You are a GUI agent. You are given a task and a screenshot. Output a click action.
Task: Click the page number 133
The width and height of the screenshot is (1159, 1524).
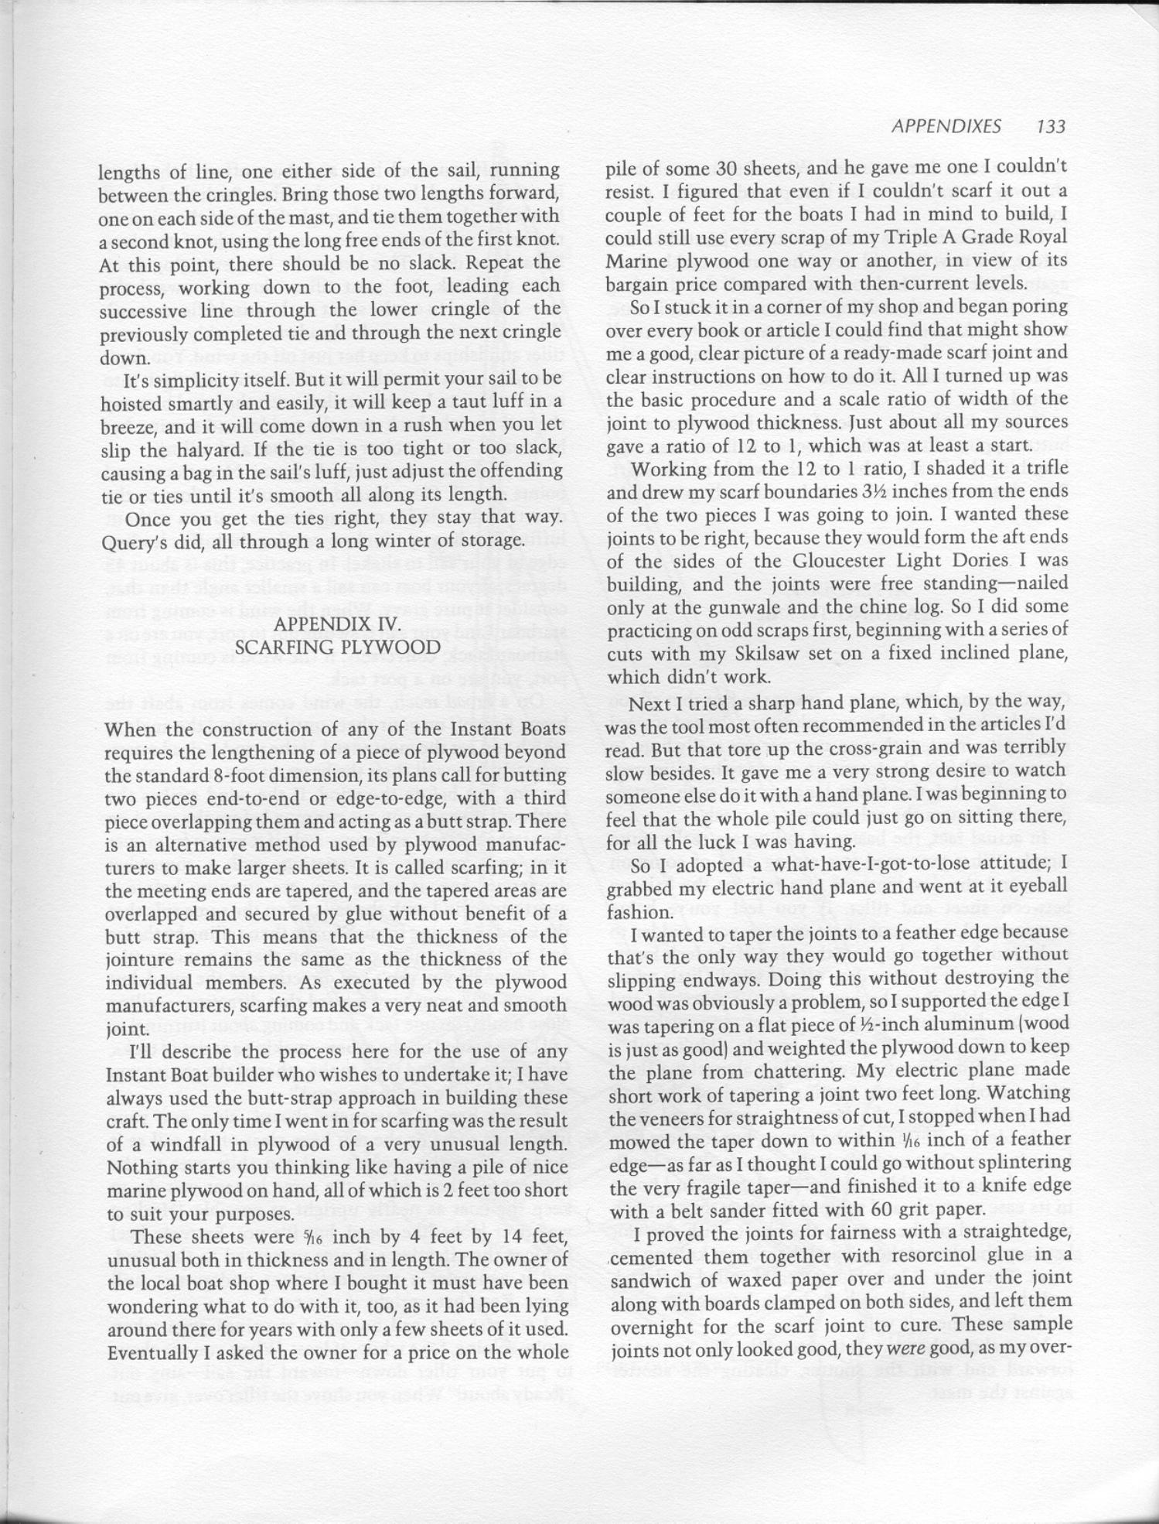[x=1051, y=126]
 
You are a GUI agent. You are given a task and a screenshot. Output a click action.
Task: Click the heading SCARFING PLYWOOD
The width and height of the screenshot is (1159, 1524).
[x=337, y=647]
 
